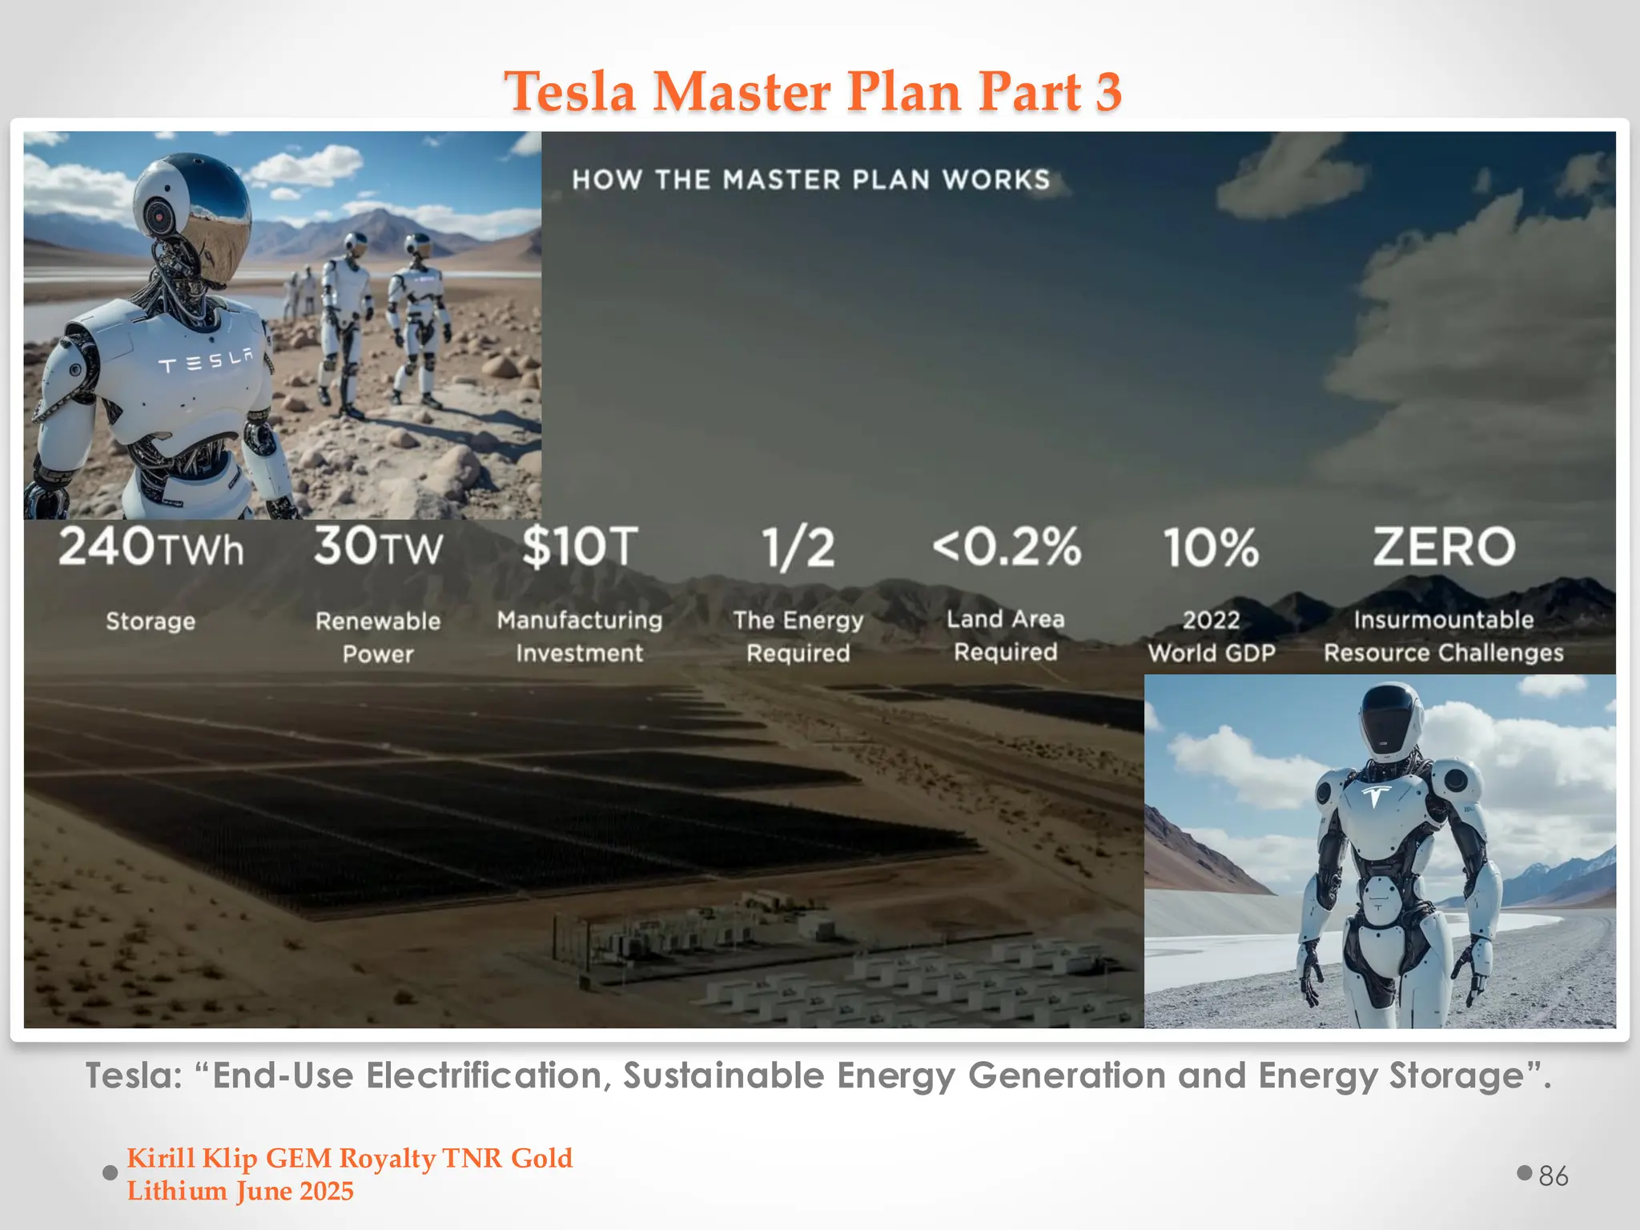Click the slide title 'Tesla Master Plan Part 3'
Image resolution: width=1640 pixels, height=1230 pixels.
pos(812,90)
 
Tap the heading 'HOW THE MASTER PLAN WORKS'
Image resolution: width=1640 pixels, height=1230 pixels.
pos(810,179)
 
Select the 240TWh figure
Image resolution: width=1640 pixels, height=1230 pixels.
pos(151,547)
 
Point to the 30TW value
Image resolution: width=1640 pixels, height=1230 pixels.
pos(378,547)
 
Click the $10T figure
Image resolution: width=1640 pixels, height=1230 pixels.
pos(580,547)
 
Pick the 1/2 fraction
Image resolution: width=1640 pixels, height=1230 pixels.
pos(798,549)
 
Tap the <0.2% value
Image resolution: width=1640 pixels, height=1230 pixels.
pos(1007,547)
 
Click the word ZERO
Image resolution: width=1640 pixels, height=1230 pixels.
pos(1444,547)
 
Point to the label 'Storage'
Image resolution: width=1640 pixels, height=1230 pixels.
pos(151,621)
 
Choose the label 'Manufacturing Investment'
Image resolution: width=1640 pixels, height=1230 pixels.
pos(580,637)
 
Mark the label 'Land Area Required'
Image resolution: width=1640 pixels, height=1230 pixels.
pos(1006,635)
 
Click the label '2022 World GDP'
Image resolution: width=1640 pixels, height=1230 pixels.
pos(1211,637)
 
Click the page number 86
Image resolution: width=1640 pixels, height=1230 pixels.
pos(1553,1176)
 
